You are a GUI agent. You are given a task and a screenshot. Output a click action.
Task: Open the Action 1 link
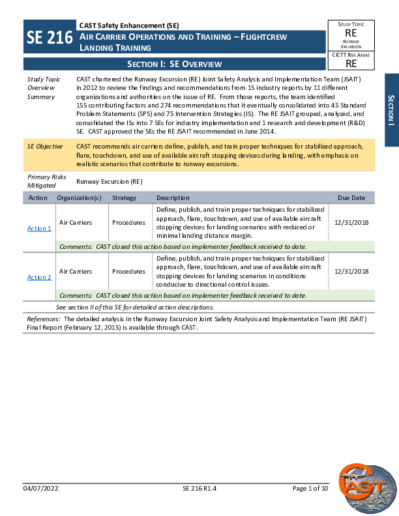(39, 229)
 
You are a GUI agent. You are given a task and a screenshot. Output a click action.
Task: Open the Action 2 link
(39, 278)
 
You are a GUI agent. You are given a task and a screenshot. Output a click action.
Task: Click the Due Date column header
(351, 197)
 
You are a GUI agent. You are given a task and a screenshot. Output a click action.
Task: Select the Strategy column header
(124, 197)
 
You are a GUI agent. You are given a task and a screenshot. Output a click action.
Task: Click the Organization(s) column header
(79, 197)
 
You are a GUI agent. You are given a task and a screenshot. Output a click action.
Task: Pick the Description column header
(173, 197)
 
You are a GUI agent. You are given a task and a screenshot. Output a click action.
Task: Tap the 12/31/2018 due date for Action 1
(351, 222)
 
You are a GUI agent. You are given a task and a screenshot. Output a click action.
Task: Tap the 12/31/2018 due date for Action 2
(351, 271)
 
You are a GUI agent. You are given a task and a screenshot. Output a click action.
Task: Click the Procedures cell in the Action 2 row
(128, 271)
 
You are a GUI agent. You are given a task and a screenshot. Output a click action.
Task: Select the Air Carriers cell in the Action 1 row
(76, 222)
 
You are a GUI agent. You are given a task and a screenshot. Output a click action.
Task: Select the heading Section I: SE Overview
(174, 64)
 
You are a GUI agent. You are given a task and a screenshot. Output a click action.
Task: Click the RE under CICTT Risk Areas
(351, 64)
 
